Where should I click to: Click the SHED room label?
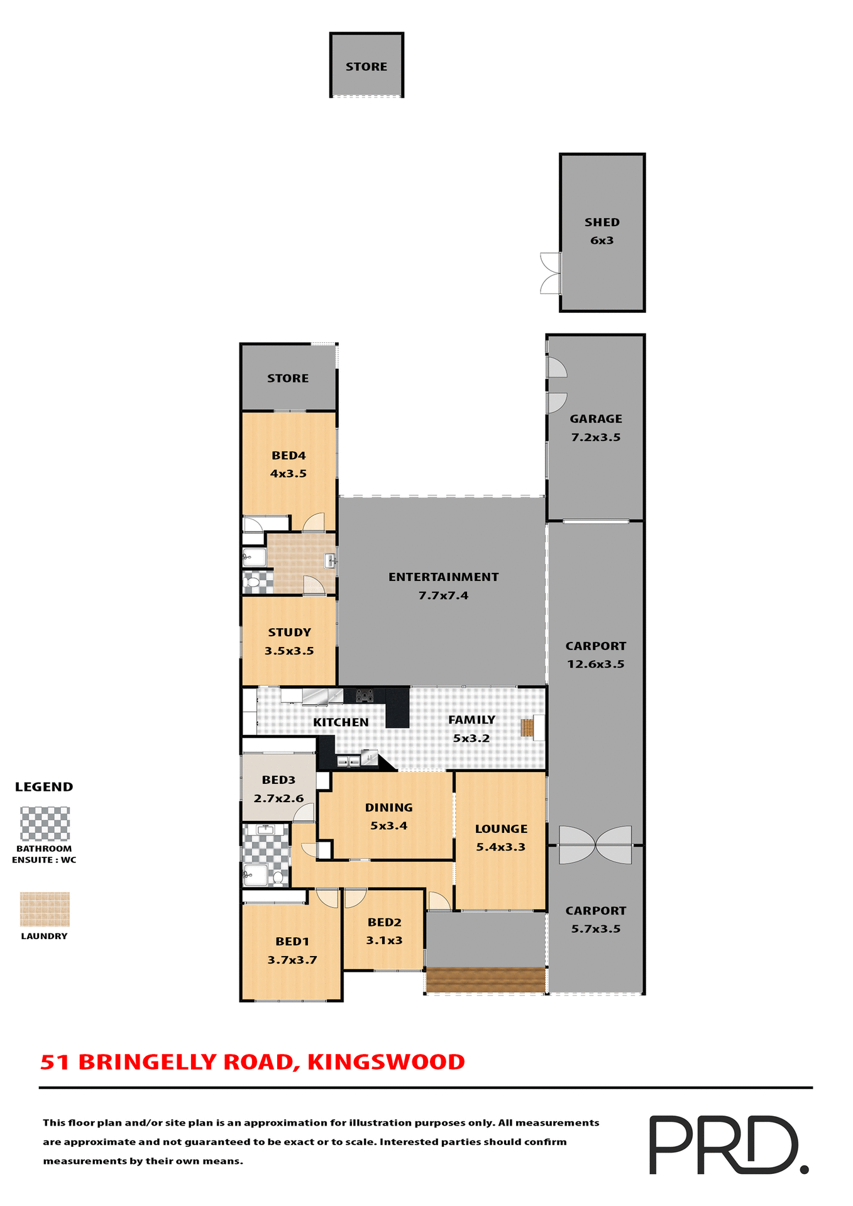(x=602, y=222)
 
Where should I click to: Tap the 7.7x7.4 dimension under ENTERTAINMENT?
(x=443, y=595)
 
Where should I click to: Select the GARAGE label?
(x=595, y=419)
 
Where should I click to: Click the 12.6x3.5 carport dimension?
(x=595, y=664)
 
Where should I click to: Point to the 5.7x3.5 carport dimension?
(x=595, y=928)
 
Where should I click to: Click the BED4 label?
(x=289, y=455)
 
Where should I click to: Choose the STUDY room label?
(x=289, y=633)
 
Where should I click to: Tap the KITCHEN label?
(x=341, y=722)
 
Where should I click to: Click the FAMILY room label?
(x=471, y=720)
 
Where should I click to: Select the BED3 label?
(x=278, y=780)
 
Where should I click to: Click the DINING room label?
(x=388, y=807)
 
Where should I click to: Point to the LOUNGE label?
(x=501, y=829)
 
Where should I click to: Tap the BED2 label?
(x=384, y=922)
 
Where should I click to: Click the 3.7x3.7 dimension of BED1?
(x=292, y=960)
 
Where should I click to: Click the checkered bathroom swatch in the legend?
(x=45, y=823)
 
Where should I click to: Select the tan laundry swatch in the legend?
(x=45, y=909)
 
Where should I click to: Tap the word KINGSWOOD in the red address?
(x=386, y=1062)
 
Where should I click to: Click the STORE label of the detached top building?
(x=366, y=67)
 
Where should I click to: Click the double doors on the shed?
(x=551, y=273)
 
